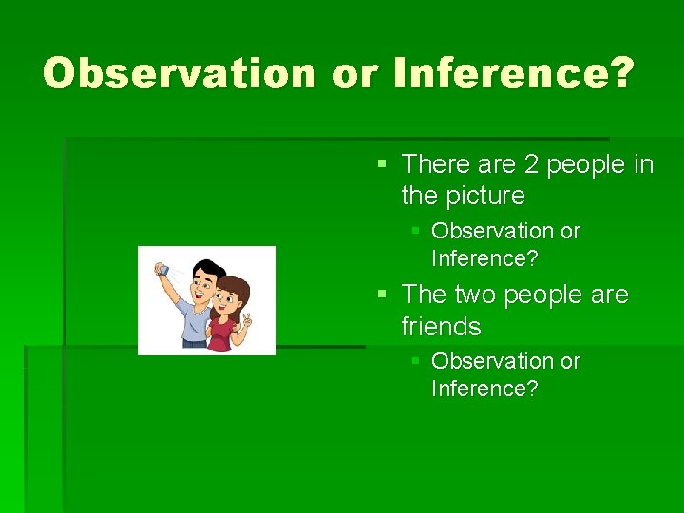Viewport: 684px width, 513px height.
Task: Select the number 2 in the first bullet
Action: click(531, 164)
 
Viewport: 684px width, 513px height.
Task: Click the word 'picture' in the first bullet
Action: click(489, 197)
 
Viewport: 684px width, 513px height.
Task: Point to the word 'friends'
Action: click(441, 327)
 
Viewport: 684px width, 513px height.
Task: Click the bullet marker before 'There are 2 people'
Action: click(382, 165)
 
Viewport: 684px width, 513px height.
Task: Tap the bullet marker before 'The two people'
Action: click(382, 295)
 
